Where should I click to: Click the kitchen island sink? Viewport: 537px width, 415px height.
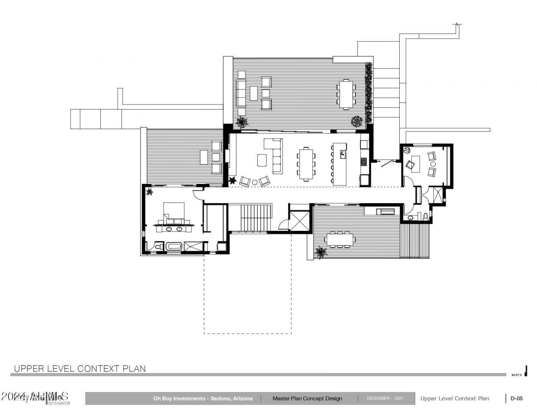tap(342, 153)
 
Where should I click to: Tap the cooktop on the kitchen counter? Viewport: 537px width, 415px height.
tap(364, 161)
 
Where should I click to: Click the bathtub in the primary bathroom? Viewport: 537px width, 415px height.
tap(174, 247)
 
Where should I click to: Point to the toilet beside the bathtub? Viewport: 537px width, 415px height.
tap(159, 247)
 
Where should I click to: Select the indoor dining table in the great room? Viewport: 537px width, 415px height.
tap(306, 164)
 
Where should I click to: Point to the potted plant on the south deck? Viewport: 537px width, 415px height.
tap(321, 251)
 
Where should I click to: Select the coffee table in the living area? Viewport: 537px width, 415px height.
tap(262, 160)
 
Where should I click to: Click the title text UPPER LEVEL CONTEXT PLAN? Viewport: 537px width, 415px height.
tap(80, 368)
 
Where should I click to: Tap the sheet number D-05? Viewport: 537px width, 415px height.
tap(517, 398)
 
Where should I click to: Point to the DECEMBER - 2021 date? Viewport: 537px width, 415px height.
tap(385, 398)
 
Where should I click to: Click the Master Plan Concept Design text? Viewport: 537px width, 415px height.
tap(307, 398)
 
